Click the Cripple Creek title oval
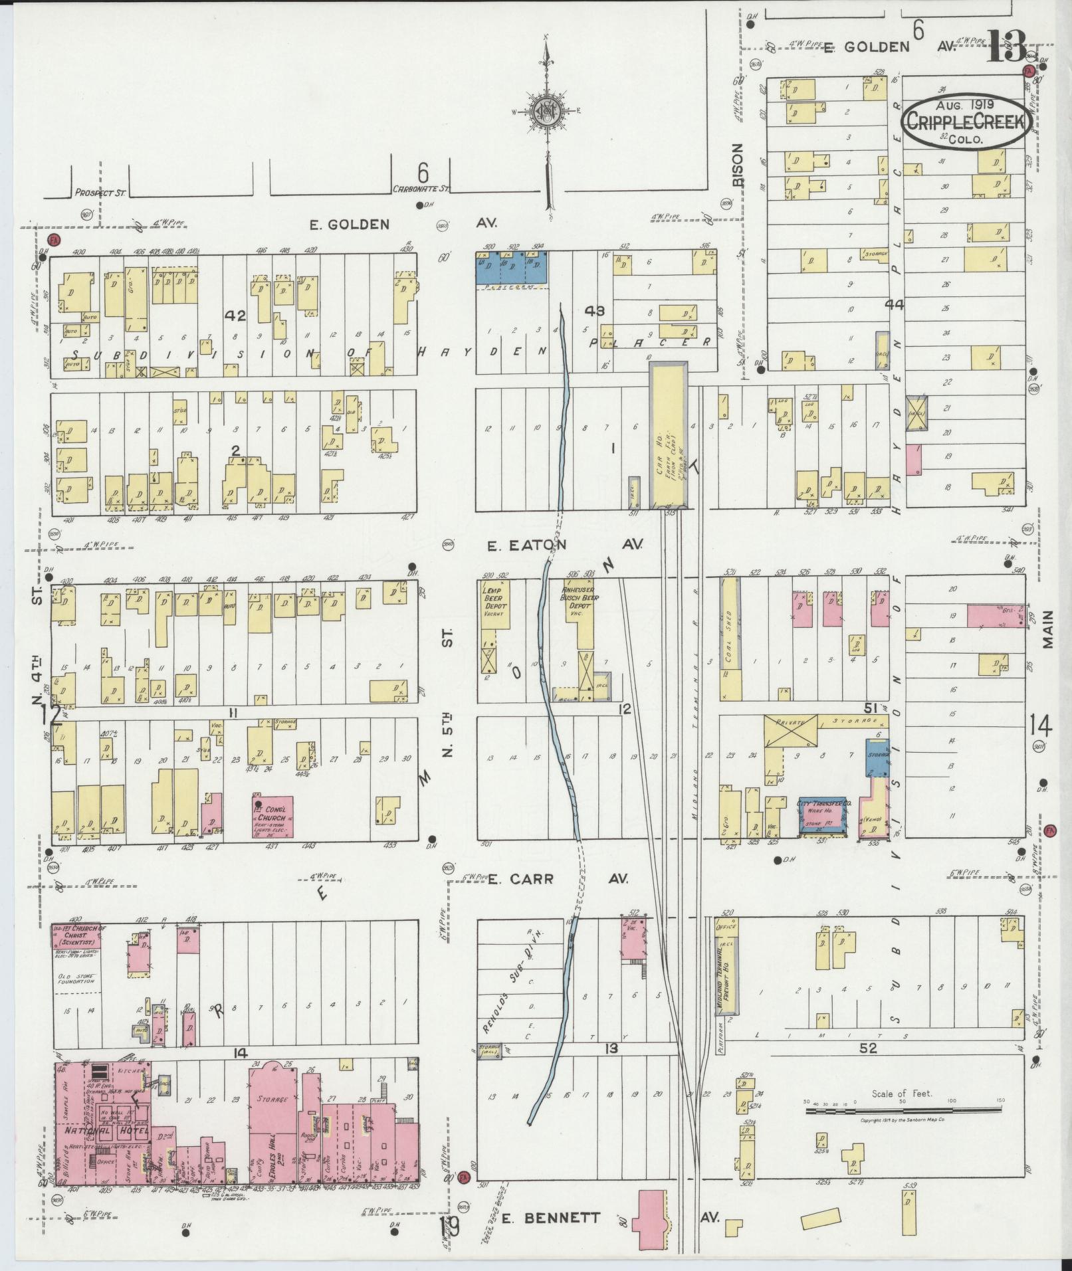(966, 124)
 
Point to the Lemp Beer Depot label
(495, 599)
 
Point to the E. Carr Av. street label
(557, 879)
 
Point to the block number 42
(235, 316)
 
